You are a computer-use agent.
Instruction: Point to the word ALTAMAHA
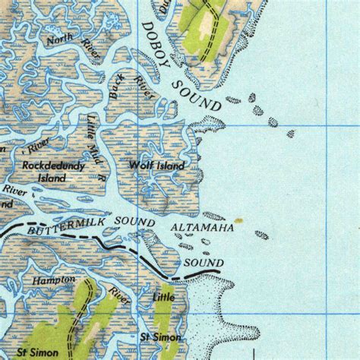[199, 227]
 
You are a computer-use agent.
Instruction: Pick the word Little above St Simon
[163, 297]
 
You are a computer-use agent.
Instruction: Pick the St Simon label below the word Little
[159, 336]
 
